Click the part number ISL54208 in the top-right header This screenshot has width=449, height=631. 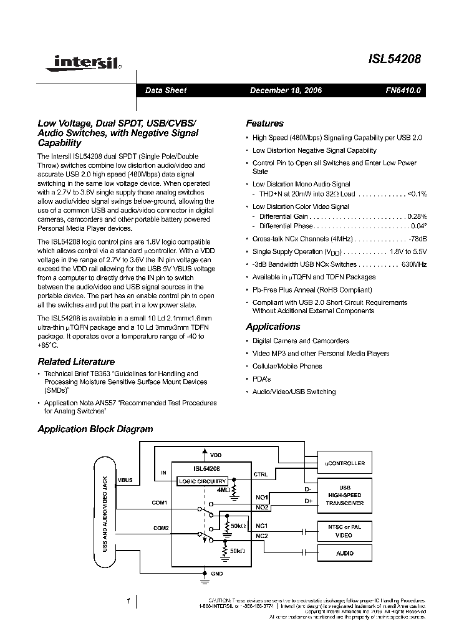(x=395, y=60)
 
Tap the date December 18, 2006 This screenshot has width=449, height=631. (x=286, y=90)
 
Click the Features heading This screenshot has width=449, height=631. (x=264, y=123)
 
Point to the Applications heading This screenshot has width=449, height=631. (x=273, y=327)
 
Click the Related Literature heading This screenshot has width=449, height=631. (x=76, y=362)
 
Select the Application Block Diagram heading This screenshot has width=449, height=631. (x=95, y=429)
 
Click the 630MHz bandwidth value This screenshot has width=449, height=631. (x=414, y=264)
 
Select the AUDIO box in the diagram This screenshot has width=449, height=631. (x=344, y=553)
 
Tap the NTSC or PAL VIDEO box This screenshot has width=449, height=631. (x=344, y=530)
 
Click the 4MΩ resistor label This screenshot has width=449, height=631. (x=223, y=490)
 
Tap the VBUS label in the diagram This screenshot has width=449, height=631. (x=125, y=479)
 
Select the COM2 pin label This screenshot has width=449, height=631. (x=161, y=528)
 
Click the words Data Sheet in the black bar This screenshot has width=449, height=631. (x=166, y=90)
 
